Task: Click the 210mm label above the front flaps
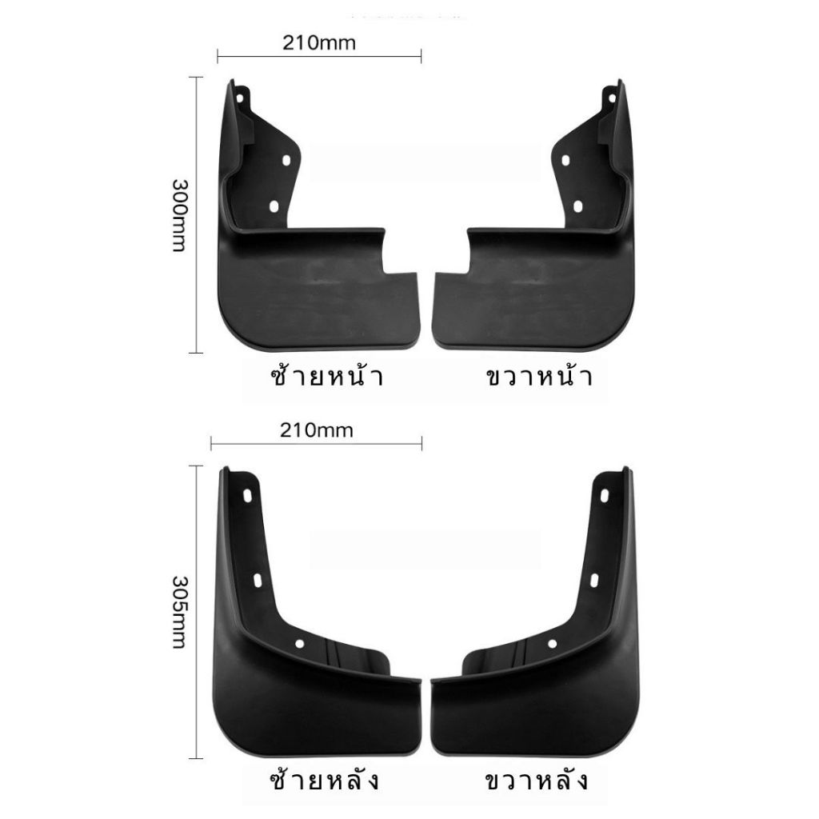click(319, 43)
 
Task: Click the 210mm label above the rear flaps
click(317, 430)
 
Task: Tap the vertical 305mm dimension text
click(179, 612)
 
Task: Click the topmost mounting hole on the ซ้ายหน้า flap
click(240, 98)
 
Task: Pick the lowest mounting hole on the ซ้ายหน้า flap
click(273, 207)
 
